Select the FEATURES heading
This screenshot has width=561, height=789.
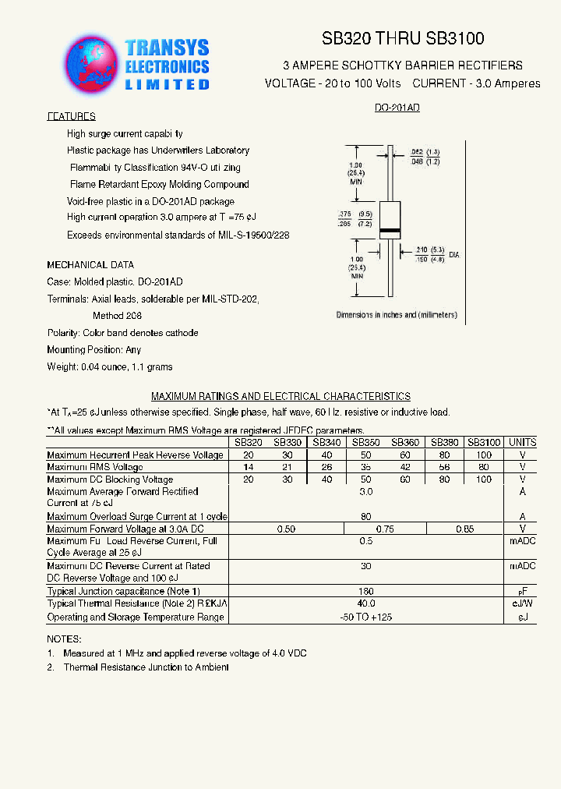(71, 116)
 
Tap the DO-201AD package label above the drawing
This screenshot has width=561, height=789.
(397, 108)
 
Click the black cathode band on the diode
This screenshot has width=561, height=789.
(390, 232)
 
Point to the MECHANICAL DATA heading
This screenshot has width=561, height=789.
(90, 265)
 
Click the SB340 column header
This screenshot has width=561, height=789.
(326, 442)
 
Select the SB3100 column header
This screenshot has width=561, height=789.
(484, 442)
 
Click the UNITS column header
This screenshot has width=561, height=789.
(522, 442)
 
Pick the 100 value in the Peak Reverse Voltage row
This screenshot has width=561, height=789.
(484, 455)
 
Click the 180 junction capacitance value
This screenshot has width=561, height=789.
(366, 591)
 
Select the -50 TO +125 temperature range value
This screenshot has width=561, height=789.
(366, 617)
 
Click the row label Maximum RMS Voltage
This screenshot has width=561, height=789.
(95, 467)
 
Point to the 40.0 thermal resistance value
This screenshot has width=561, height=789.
(366, 603)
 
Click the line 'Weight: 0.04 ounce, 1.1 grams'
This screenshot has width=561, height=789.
(110, 366)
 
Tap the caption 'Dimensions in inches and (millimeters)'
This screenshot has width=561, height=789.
(397, 315)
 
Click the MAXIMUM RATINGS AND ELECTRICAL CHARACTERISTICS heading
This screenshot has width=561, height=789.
(280, 397)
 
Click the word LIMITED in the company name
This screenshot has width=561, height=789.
(168, 83)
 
